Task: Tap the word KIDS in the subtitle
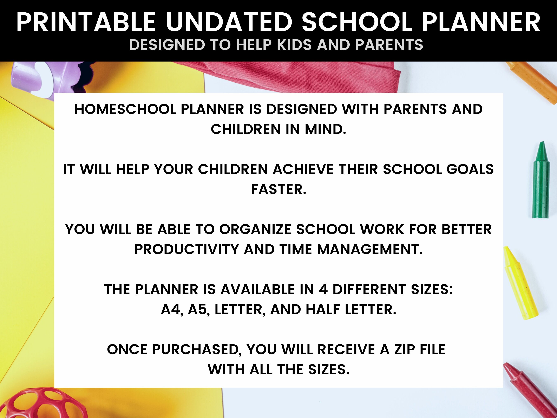(295, 45)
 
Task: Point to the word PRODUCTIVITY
(186, 249)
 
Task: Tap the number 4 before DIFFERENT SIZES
(323, 289)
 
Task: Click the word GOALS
(470, 169)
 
